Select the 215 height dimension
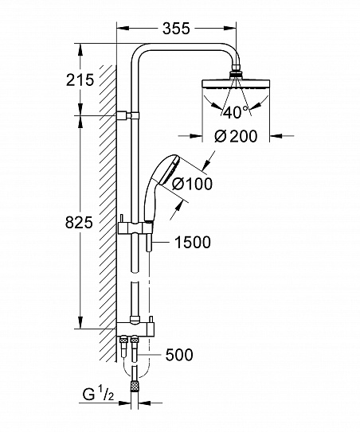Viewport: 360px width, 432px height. point(80,80)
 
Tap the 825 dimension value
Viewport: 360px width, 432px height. point(80,224)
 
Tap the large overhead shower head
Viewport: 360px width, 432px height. point(236,84)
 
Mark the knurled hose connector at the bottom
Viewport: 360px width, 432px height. point(136,386)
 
